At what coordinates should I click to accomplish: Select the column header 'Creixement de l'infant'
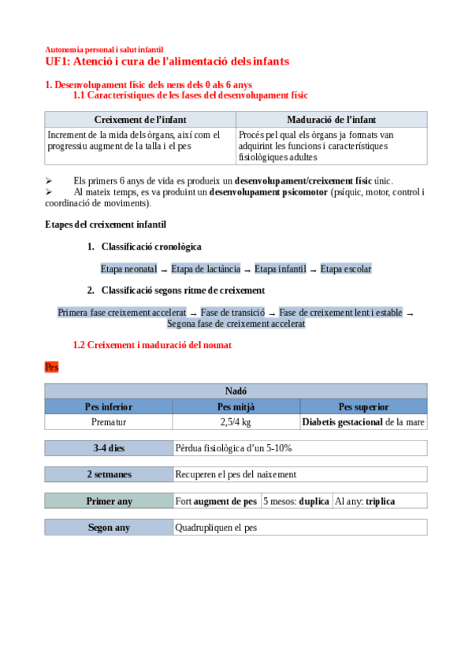coord(140,120)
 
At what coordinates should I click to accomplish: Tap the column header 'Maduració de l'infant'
coord(331,120)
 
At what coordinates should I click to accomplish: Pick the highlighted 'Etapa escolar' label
coord(345,269)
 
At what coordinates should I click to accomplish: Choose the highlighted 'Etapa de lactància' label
coord(206,269)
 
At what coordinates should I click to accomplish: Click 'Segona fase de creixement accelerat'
coord(236,324)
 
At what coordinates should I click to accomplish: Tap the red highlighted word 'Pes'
coord(52,367)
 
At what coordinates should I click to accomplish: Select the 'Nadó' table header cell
coord(236,391)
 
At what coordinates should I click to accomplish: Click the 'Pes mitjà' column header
coord(236,406)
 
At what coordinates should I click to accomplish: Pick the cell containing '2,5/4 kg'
coord(236,422)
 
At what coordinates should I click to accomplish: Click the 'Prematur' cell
coord(109,422)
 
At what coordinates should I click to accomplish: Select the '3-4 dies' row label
coord(109,448)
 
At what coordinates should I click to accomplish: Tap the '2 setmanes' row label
coord(109,474)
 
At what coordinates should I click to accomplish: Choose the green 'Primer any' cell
coord(109,501)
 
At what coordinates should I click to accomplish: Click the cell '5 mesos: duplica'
coord(296,501)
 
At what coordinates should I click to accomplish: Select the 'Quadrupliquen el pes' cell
coord(299,527)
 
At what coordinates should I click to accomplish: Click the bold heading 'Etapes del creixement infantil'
coord(106,225)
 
